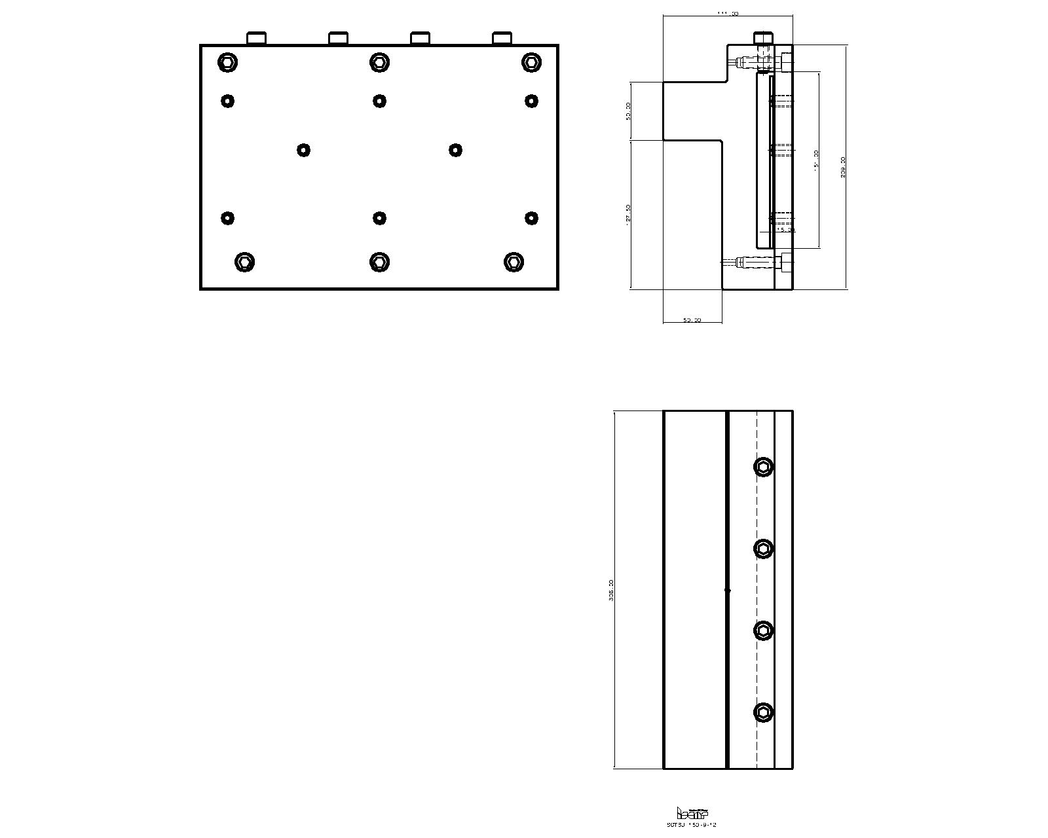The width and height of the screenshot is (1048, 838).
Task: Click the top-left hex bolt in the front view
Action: (227, 63)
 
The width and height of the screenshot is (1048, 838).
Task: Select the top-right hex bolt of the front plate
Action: (531, 63)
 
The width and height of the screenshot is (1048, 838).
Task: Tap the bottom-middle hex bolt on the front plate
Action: (379, 262)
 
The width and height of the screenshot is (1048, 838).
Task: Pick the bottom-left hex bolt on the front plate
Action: (244, 262)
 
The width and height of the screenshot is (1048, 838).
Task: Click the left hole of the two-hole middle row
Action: (303, 150)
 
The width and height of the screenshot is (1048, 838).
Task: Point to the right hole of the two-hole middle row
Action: (455, 150)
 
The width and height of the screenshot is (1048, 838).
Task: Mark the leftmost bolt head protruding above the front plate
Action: (256, 38)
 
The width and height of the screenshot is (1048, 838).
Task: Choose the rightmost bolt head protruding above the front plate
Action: (502, 38)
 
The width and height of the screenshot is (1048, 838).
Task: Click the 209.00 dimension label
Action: (843, 167)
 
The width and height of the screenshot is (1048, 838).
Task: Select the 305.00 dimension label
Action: (611, 590)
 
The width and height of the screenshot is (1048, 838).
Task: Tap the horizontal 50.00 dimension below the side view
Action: (692, 320)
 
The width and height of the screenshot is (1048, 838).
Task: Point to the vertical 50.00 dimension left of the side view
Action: (629, 111)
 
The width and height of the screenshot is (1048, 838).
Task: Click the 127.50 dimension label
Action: (629, 215)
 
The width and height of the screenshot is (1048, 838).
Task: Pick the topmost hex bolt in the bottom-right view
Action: (764, 467)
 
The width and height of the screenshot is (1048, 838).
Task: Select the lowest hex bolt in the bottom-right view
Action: (764, 712)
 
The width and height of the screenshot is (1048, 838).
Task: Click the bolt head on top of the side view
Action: (764, 38)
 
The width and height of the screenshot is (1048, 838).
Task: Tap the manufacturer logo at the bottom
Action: (692, 814)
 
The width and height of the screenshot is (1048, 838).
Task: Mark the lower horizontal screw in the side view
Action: (757, 263)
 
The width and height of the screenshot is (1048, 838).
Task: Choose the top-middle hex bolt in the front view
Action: (379, 63)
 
